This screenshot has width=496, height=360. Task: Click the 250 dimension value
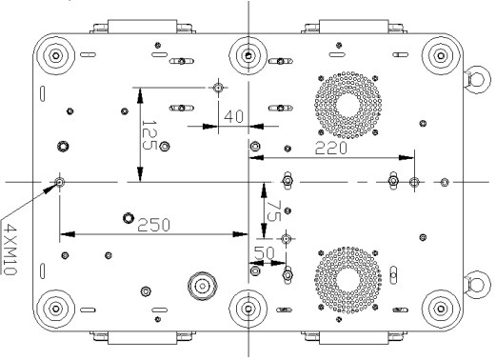coord(154,225)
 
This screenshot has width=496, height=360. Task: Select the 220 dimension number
coord(331,149)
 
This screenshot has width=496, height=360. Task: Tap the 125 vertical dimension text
coord(149,135)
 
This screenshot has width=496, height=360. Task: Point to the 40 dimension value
coord(233,116)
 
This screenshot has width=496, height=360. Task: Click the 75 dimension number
coord(273,210)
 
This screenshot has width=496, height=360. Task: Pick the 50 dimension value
coord(265,253)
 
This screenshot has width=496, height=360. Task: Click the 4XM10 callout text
coord(10,249)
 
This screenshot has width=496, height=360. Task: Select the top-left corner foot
coord(56,56)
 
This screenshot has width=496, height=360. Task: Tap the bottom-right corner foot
coord(441,309)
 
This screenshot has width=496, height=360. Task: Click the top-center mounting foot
coord(248,56)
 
